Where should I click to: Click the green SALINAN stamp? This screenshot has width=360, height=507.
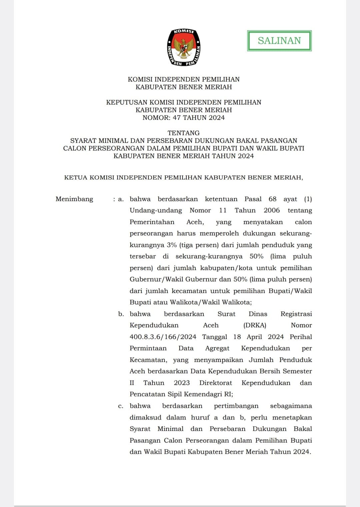coord(279,41)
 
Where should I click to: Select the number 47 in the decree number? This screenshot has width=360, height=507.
coord(177,118)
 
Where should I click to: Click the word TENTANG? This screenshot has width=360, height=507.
coord(184,133)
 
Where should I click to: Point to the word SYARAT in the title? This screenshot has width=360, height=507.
coord(83,141)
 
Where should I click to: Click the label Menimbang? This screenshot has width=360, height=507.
coord(74,199)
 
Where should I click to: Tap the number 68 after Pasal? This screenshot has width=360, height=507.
coord(272,199)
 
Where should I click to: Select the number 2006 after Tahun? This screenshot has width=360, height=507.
coord(272,211)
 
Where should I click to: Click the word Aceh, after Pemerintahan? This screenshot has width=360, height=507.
coord(195,222)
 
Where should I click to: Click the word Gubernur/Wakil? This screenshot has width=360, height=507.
coord(156,279)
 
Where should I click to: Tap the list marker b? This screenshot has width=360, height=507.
coord(121,314)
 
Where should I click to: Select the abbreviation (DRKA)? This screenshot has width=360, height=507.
coord(255,325)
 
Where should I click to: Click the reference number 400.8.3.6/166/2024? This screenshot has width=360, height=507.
coord(163,337)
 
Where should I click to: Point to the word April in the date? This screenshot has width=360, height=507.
coord(254,337)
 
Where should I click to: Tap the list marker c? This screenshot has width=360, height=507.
coord(121,406)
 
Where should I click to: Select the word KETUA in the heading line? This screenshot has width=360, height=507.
coord(76,178)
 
